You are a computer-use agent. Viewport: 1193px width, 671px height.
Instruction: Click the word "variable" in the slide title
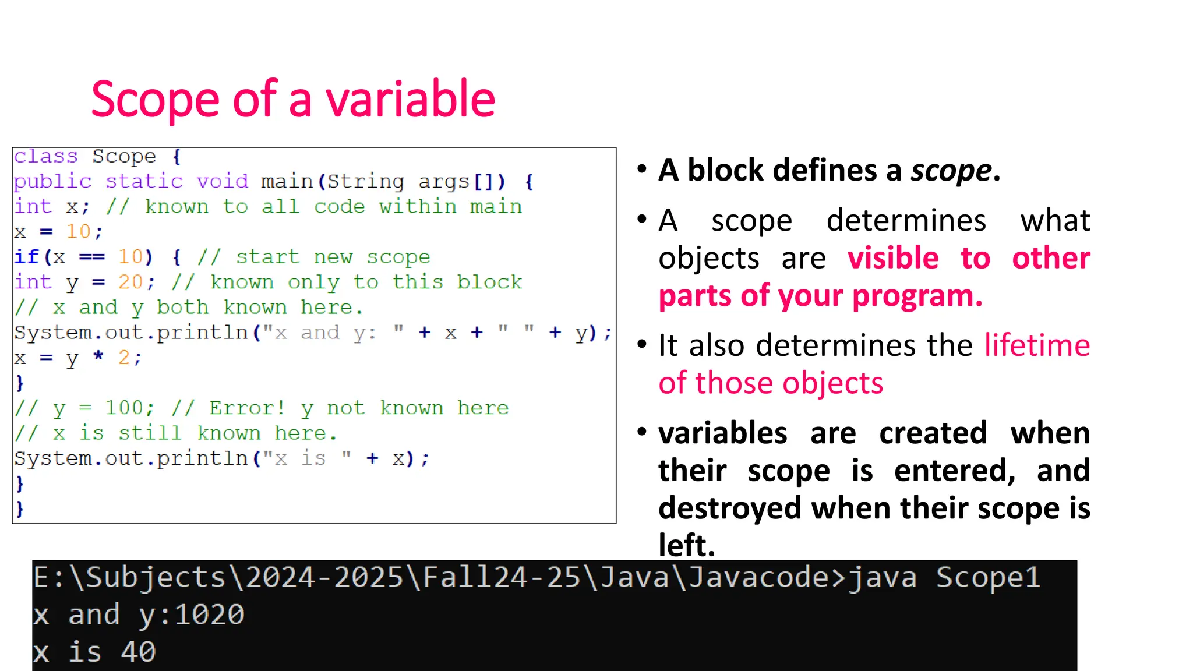click(x=410, y=100)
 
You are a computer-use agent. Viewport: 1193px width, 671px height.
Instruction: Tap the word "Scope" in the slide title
click(x=155, y=100)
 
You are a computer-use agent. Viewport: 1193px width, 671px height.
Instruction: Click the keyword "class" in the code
click(x=45, y=156)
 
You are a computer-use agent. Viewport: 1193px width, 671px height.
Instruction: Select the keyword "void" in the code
click(x=222, y=181)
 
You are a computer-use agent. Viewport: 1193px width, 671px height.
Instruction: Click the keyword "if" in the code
click(x=26, y=257)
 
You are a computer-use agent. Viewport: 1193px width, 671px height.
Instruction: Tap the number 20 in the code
click(x=130, y=282)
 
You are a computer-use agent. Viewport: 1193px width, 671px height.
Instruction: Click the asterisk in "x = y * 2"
click(x=98, y=357)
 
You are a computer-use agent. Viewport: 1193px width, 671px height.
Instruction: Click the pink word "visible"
click(x=893, y=258)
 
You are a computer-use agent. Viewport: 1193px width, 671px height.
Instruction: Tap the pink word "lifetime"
click(x=1037, y=345)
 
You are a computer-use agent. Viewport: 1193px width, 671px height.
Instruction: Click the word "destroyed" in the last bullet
click(x=731, y=508)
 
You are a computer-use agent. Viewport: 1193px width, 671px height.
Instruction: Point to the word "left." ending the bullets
click(x=686, y=545)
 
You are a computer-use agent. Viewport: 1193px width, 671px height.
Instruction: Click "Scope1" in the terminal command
click(x=988, y=578)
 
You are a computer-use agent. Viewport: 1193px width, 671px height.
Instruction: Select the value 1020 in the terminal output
click(x=210, y=615)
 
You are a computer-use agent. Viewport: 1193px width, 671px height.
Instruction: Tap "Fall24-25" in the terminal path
click(x=502, y=578)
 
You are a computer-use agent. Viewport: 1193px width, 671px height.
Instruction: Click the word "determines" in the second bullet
click(x=906, y=221)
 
